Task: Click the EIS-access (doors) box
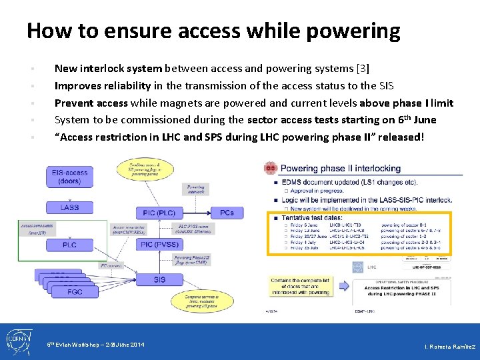point(69,177)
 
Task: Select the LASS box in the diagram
point(69,207)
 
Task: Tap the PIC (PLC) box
point(159,213)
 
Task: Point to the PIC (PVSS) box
point(159,245)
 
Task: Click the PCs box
point(227,213)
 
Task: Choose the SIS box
point(159,279)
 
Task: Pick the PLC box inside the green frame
point(69,245)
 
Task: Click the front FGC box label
point(74,291)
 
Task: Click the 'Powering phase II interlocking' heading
point(341,169)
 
